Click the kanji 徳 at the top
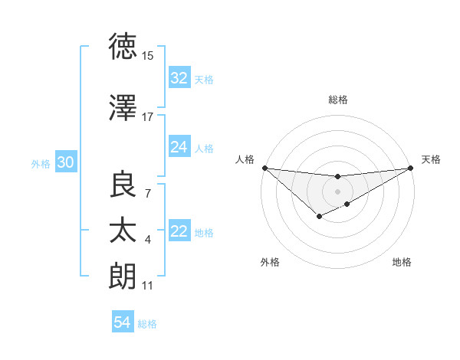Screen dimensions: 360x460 coord(123,47)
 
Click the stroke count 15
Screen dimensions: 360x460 coord(148,56)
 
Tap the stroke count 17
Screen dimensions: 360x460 coord(148,116)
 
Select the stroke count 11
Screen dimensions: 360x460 coord(148,285)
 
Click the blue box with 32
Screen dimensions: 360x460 coord(179,78)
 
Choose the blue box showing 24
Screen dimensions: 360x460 coord(179,147)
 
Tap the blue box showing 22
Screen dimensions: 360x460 coord(179,231)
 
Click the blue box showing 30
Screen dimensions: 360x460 coord(65,162)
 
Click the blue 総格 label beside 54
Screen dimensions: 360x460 coord(147,324)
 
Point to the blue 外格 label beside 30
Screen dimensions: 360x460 coord(41,163)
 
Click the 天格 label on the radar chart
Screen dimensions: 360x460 coord(431,159)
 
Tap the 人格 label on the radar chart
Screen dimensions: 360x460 coord(245,159)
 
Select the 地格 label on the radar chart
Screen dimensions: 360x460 coord(402,262)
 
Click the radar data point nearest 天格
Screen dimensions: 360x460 coord(411,168)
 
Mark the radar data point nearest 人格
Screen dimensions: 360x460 coord(264,168)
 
